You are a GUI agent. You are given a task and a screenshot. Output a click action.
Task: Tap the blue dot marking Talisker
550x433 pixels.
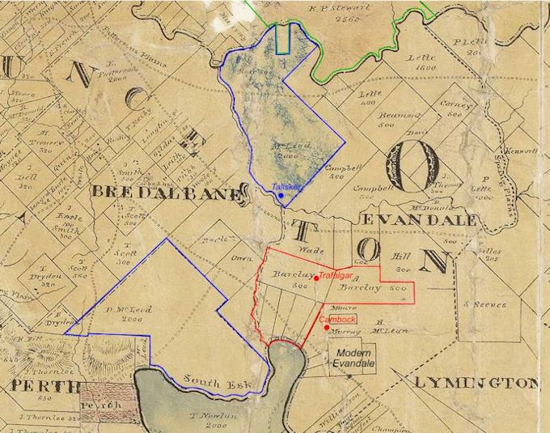pos(281,196)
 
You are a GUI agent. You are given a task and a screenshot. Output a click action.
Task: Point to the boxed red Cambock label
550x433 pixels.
pos(337,320)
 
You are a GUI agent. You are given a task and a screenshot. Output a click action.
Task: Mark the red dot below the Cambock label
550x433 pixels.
pos(326,327)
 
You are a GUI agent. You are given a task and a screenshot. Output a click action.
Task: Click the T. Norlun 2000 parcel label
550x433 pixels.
pos(205,418)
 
